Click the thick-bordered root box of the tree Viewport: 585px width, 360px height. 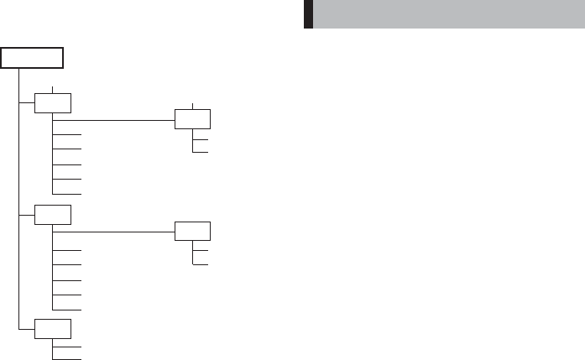coord(32,58)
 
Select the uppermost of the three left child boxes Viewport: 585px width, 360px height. coord(53,103)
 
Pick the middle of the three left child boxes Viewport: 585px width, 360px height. coord(53,215)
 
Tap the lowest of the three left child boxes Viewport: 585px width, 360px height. coord(53,326)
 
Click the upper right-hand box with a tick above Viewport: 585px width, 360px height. coord(193,118)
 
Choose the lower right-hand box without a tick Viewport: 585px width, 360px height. coord(193,230)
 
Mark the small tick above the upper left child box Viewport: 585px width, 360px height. coord(53,89)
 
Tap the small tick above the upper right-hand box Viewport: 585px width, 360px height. coord(193,104)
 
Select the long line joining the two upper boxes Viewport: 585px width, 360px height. coord(123,119)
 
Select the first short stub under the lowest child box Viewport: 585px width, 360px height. coord(67,345)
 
